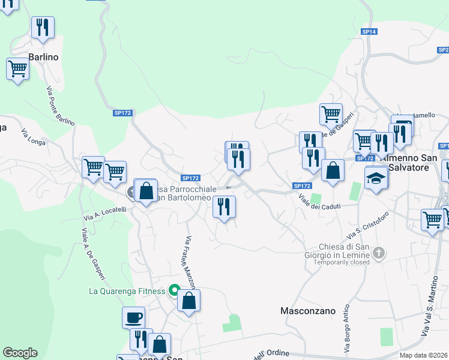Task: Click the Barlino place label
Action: [43, 57]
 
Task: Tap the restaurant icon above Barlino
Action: [43, 28]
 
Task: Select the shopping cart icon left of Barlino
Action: [18, 69]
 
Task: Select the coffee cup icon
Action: [133, 317]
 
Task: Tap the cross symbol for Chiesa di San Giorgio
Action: [378, 253]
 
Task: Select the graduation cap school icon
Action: [376, 178]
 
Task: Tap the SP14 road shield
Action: [369, 31]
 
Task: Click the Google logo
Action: [20, 353]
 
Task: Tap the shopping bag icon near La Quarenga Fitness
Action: [188, 301]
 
